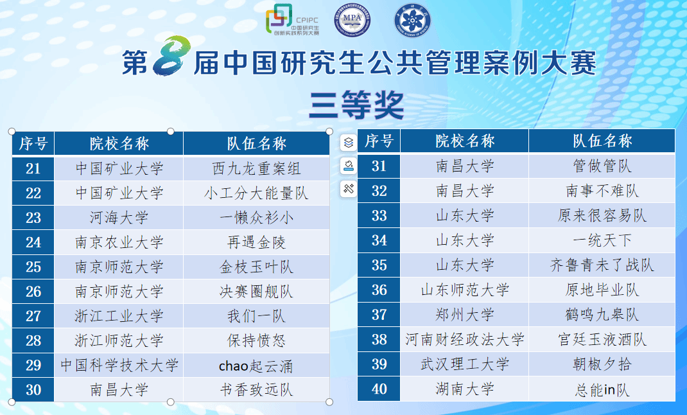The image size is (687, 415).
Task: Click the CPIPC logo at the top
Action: (292, 20)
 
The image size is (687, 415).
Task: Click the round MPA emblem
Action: (352, 20)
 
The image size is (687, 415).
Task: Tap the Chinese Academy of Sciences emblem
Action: (412, 20)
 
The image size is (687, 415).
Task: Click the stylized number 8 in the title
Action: (171, 56)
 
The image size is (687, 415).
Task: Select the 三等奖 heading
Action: (356, 105)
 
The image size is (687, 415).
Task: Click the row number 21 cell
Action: (33, 168)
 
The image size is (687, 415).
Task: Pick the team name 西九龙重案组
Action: (256, 169)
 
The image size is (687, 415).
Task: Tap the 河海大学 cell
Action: (119, 218)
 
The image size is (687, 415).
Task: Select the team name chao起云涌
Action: (256, 366)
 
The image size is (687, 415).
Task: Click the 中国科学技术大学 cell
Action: (119, 366)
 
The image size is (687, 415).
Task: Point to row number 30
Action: (33, 390)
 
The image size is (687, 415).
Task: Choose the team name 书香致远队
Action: (256, 390)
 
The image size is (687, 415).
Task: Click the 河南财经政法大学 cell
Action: (465, 339)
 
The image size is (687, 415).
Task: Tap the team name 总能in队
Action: (602, 389)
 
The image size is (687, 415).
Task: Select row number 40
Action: (379, 389)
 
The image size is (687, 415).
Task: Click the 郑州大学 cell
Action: (465, 315)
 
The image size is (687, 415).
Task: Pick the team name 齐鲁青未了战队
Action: (602, 265)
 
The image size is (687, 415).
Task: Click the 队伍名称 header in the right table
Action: (602, 141)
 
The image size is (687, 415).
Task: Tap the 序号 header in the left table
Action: (33, 143)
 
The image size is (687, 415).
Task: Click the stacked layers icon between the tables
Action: (349, 143)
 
